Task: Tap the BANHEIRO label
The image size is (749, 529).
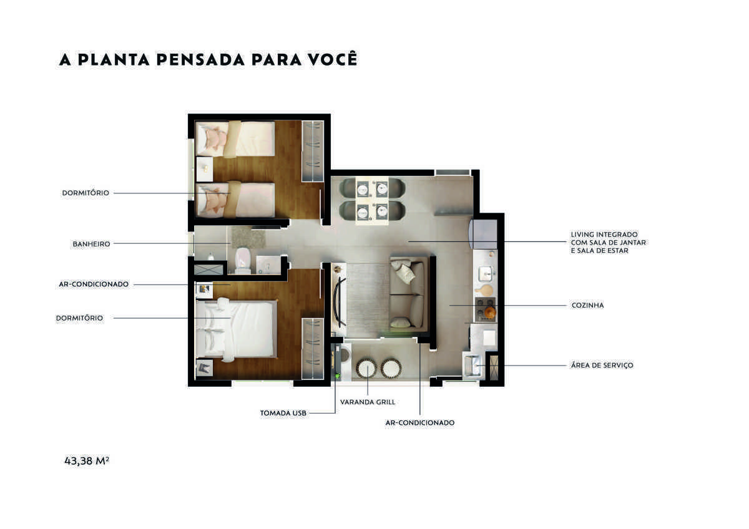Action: pyautogui.click(x=91, y=245)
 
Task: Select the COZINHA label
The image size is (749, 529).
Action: pyautogui.click(x=587, y=306)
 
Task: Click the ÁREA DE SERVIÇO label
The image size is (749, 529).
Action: pyautogui.click(x=602, y=366)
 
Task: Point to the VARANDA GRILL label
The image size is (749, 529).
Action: pyautogui.click(x=368, y=402)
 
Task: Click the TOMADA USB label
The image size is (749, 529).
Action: pyautogui.click(x=283, y=414)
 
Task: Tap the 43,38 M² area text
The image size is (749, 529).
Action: pyautogui.click(x=87, y=461)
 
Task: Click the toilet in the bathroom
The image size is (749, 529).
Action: pyautogui.click(x=243, y=260)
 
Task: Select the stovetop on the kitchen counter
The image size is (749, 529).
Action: pyautogui.click(x=485, y=309)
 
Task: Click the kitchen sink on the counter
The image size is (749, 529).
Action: pyautogui.click(x=485, y=273)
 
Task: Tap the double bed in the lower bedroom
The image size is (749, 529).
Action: pyautogui.click(x=237, y=329)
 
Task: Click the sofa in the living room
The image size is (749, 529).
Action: pyautogui.click(x=409, y=294)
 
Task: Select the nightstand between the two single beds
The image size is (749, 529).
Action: pyautogui.click(x=204, y=169)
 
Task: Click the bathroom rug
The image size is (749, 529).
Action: pyautogui.click(x=248, y=238)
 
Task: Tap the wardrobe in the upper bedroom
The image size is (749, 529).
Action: pyautogui.click(x=313, y=151)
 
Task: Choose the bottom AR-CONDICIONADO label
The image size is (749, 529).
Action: pyautogui.click(x=419, y=423)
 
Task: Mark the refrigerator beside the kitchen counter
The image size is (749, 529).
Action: pyautogui.click(x=483, y=234)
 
